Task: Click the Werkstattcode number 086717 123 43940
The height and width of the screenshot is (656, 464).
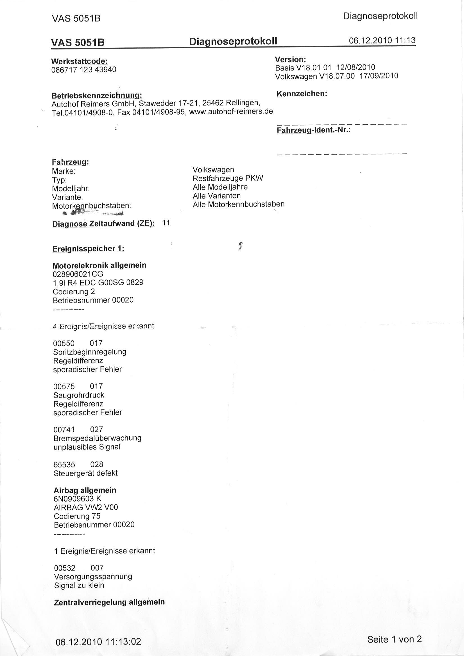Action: (84, 70)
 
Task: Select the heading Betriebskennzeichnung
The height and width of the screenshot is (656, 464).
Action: (97, 95)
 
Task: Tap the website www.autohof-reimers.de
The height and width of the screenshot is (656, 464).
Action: (231, 111)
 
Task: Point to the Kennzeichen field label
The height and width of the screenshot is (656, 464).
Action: (302, 94)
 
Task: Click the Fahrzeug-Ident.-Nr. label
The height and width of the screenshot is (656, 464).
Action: (314, 130)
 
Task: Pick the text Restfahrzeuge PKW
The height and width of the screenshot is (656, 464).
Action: (228, 178)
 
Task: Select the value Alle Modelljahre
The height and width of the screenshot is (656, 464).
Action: (220, 187)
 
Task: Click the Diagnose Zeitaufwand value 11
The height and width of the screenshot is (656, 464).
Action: (166, 223)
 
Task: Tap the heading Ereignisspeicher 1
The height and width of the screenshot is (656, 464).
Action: (88, 249)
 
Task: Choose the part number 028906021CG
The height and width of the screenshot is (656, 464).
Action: (78, 274)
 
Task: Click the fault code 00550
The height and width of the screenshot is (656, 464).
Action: (64, 343)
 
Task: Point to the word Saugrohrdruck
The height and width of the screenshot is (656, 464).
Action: (79, 395)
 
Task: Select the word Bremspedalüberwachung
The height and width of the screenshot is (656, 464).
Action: (98, 438)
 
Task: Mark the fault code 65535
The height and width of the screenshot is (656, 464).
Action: (64, 464)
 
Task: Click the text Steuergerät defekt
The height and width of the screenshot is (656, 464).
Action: (86, 473)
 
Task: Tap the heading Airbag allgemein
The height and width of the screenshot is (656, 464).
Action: (85, 490)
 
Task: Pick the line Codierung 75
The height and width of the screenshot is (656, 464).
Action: (77, 516)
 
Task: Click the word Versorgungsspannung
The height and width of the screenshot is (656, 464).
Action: (93, 576)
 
